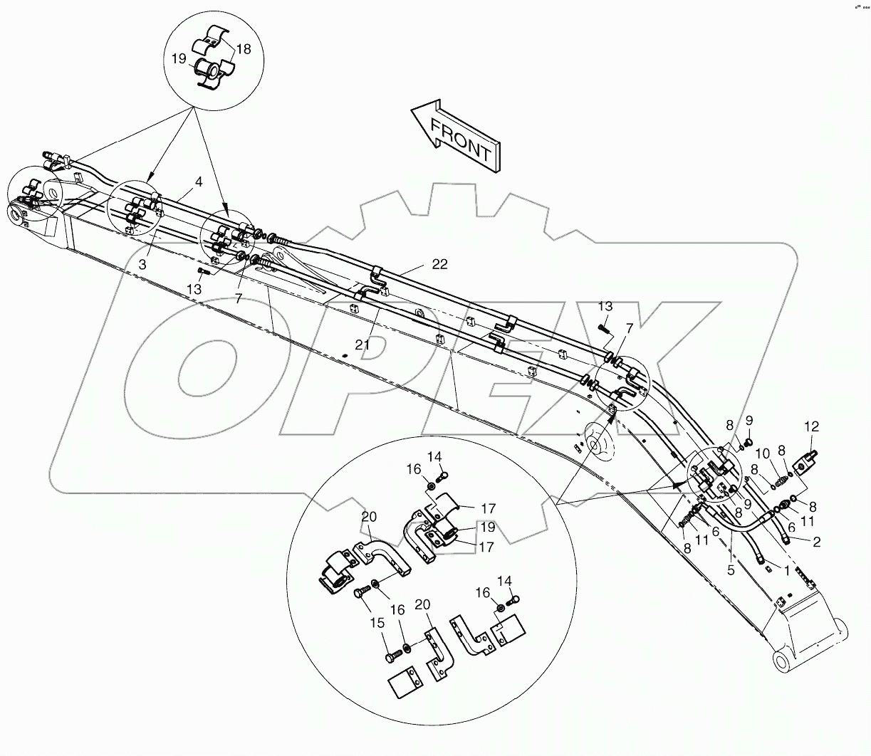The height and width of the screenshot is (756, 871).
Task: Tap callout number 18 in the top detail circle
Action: click(x=244, y=48)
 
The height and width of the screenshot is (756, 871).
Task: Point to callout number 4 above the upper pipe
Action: click(x=199, y=182)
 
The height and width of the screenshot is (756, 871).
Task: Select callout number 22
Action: click(x=440, y=263)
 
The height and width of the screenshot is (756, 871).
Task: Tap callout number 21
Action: click(x=363, y=345)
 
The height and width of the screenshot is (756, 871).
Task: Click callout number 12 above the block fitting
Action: click(x=812, y=427)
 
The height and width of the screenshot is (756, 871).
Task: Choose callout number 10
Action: click(x=762, y=453)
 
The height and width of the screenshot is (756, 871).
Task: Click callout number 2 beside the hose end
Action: click(x=817, y=542)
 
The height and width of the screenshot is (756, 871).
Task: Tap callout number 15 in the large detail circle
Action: click(x=377, y=621)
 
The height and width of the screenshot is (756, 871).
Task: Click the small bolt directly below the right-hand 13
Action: click(x=604, y=328)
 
